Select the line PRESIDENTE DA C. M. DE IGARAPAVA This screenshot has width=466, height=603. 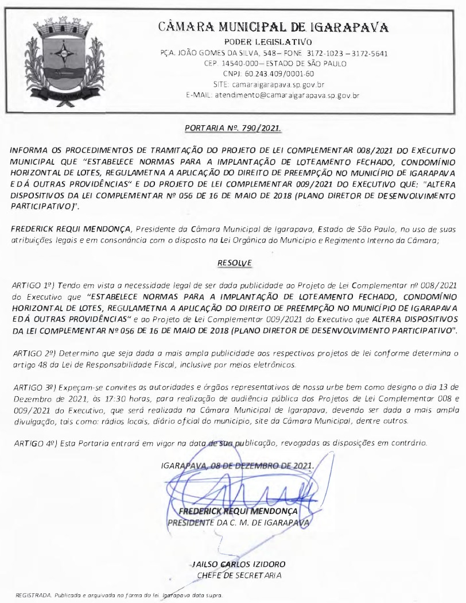pos(238,523)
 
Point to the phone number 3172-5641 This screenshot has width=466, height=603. pos(371,53)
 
